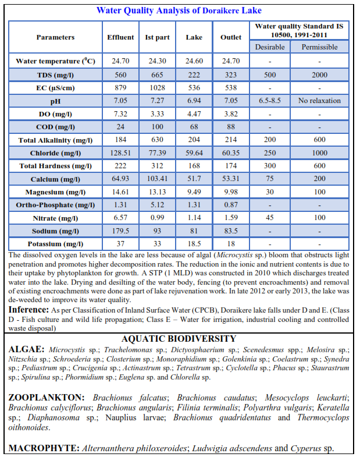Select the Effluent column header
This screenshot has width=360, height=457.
(x=120, y=37)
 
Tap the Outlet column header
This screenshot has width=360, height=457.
(x=231, y=37)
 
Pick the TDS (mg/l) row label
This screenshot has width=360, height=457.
(x=55, y=75)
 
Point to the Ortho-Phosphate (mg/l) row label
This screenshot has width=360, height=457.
(x=55, y=205)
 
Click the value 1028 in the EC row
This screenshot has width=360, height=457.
(x=157, y=88)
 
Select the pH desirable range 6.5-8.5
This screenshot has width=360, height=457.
(x=269, y=101)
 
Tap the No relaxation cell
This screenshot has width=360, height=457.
(x=319, y=101)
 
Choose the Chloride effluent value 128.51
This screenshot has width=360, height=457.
(x=120, y=153)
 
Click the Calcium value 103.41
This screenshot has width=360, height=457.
(x=157, y=179)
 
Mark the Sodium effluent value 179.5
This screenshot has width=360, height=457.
(x=120, y=231)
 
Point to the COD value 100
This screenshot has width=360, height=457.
(x=157, y=127)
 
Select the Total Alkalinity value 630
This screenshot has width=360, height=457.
(x=157, y=140)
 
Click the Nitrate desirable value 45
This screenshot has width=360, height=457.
(x=269, y=218)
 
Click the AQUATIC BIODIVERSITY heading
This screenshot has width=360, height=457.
(x=179, y=339)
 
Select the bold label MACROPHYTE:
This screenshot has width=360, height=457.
(x=44, y=448)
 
